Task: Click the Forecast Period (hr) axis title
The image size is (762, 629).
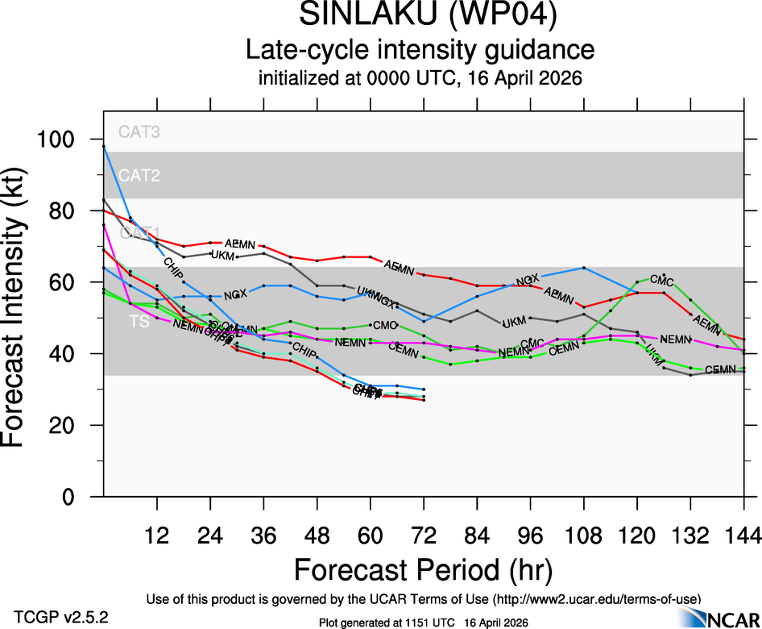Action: (x=423, y=569)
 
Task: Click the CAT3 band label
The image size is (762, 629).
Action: (x=139, y=132)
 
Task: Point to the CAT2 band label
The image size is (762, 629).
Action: (x=139, y=175)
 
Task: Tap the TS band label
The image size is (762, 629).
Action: (x=139, y=322)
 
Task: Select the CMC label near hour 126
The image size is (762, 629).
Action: (x=661, y=279)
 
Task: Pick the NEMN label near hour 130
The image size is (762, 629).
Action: (x=675, y=339)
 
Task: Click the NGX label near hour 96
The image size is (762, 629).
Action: (x=528, y=279)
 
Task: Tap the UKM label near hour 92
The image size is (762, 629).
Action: (x=514, y=323)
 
